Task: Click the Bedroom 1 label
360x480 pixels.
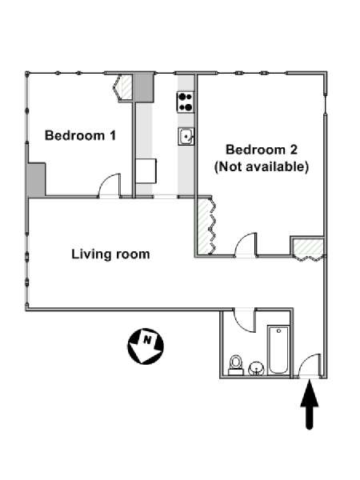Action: pyautogui.click(x=81, y=136)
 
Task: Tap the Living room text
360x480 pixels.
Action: pyautogui.click(x=110, y=254)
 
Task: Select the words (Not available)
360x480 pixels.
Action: pyautogui.click(x=262, y=167)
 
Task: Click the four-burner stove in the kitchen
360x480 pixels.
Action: pyautogui.click(x=186, y=102)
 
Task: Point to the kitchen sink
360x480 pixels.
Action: pyautogui.click(x=186, y=136)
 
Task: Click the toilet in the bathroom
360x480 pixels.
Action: pyautogui.click(x=236, y=365)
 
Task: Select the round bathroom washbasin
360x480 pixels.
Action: pyautogui.click(x=256, y=368)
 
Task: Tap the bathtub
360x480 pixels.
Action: pyautogui.click(x=278, y=350)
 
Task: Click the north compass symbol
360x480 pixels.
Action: pyautogui.click(x=146, y=346)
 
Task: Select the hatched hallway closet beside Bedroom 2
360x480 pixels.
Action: pyautogui.click(x=308, y=247)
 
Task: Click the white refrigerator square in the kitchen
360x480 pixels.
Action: pyautogui.click(x=146, y=171)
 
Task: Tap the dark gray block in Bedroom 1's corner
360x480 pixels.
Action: pyautogui.click(x=37, y=179)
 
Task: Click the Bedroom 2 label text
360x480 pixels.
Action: pyautogui.click(x=262, y=150)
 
